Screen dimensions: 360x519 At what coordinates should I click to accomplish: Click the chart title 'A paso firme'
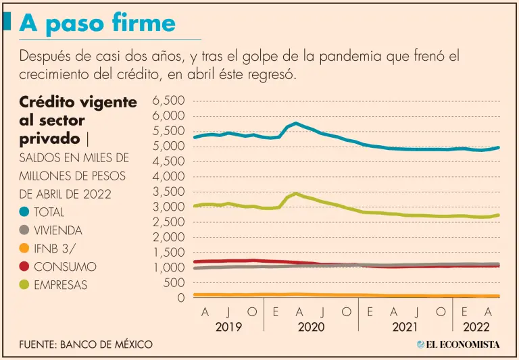coord(97,23)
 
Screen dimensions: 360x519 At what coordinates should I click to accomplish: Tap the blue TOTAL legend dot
coord(24,212)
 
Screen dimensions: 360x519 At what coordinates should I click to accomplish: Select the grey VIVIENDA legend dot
coord(24,230)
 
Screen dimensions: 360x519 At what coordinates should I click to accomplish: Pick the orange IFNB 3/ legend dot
coord(24,249)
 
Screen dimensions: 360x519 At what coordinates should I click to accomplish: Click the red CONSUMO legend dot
coord(24,267)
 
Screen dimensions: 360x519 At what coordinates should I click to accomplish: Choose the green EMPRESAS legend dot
coord(24,285)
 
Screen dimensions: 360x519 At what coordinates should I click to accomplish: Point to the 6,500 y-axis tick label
coord(169,101)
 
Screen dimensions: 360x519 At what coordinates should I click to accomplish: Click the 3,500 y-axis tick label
coord(169,192)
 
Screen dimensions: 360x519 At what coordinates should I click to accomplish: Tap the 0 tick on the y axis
coord(180,298)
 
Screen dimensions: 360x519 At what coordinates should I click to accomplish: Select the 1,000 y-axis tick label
coord(169,267)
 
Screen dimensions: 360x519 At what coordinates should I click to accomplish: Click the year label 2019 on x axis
coord(228,327)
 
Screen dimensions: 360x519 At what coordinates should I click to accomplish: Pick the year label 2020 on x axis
coord(310,327)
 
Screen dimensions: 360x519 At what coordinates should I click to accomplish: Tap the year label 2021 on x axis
coord(405,327)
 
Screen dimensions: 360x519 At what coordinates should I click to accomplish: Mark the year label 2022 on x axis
coord(476,327)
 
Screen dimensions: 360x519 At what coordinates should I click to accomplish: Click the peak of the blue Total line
coord(295,123)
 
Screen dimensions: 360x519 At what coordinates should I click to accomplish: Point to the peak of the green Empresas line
coord(295,193)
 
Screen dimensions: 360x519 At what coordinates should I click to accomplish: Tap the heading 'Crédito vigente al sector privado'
coord(78,120)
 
